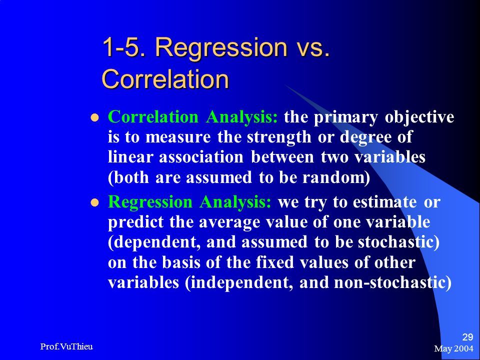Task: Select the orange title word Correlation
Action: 165,78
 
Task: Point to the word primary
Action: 345,118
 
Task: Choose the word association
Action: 201,157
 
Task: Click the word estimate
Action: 384,202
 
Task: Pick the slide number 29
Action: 467,337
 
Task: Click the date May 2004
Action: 453,348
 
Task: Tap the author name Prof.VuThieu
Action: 66,346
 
